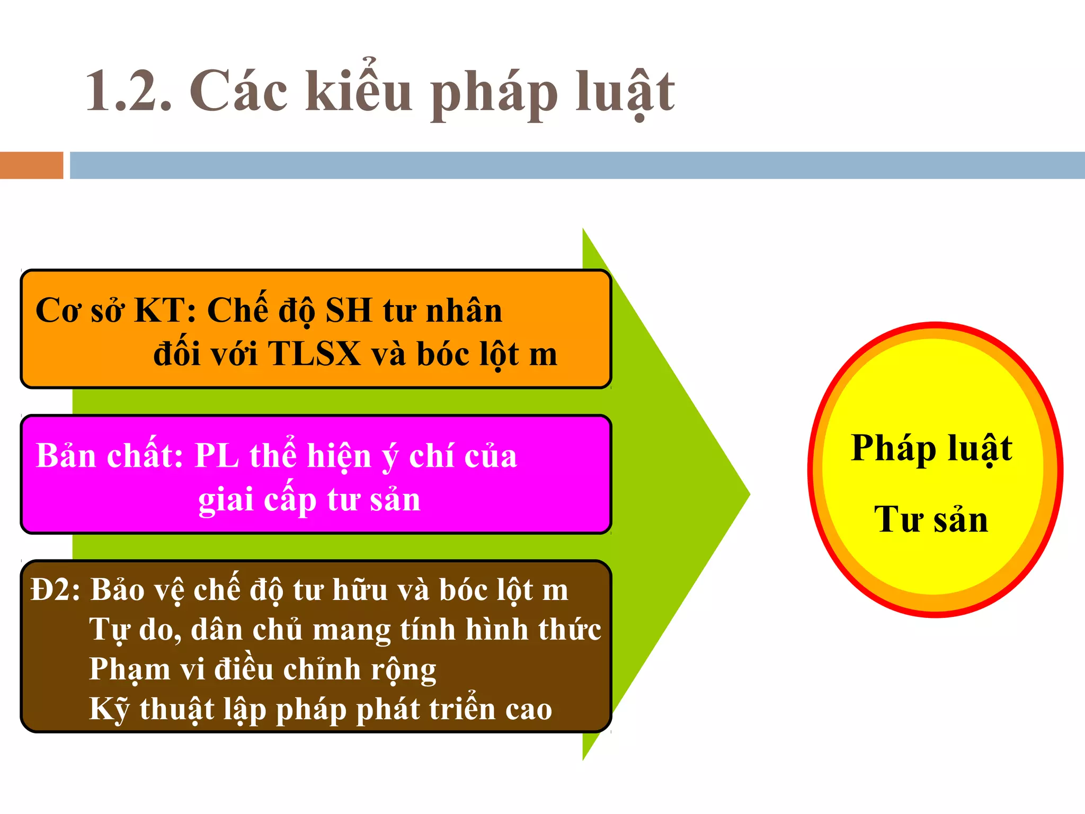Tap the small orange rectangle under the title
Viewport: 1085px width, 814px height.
(31, 165)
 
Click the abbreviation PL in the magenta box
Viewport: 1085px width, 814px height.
(217, 456)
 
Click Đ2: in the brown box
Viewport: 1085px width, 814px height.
(56, 590)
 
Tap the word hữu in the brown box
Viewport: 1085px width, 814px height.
(360, 590)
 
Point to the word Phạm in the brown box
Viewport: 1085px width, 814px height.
(129, 670)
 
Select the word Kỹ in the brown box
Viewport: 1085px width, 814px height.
(109, 709)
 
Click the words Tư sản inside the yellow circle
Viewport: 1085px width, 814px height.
(931, 519)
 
